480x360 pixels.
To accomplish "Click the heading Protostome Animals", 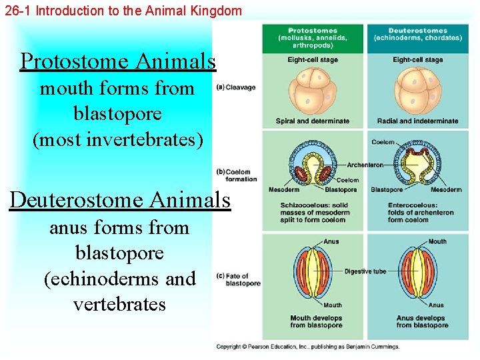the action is [x=118, y=61].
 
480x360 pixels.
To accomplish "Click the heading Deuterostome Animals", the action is [x=120, y=199].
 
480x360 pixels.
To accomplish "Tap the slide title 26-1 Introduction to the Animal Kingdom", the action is [x=123, y=10].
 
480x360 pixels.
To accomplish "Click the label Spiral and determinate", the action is [x=312, y=121].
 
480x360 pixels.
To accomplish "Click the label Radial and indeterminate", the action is [x=418, y=121].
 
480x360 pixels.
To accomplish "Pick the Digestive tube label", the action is [x=365, y=271].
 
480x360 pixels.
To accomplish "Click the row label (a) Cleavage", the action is [x=237, y=87].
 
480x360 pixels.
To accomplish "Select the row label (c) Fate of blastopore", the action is [x=239, y=279].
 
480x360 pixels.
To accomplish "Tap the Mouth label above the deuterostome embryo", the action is [x=437, y=241].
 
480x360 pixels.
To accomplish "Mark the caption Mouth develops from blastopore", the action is [x=313, y=321].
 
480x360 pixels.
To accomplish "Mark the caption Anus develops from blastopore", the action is [x=422, y=321].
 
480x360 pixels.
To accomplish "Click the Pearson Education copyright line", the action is [x=308, y=347].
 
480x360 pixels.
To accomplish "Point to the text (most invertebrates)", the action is [x=118, y=140].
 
